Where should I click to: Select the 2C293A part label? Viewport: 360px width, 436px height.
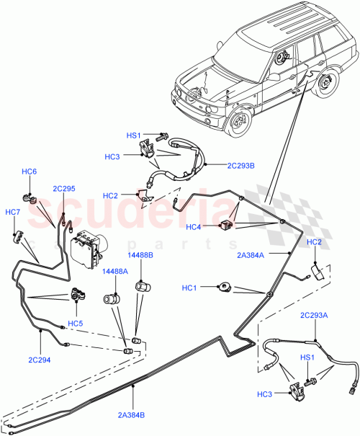[314, 315]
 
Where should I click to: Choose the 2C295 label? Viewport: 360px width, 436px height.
[63, 189]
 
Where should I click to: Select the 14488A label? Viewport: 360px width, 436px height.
[114, 272]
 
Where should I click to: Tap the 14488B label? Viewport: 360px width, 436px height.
[140, 255]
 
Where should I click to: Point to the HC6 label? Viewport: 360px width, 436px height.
[29, 172]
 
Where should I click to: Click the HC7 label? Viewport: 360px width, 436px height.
[13, 212]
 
